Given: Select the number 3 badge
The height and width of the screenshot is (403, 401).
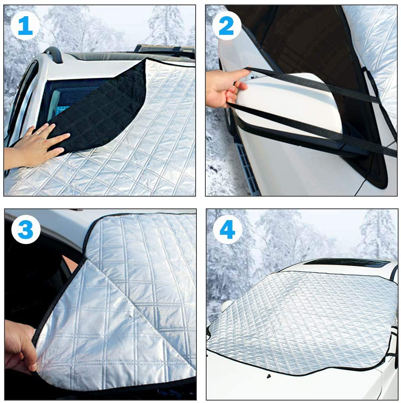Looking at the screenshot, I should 26,230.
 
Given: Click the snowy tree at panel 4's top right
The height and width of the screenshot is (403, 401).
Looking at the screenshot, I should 377,231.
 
